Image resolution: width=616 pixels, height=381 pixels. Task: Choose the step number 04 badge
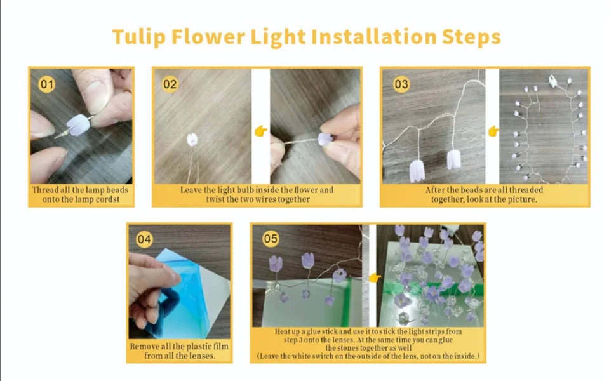click(145, 239)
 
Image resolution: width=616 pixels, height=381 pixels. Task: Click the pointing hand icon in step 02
click(260, 131)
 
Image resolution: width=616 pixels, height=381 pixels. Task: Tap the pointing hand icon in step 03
click(493, 131)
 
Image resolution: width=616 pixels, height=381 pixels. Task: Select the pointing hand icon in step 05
click(373, 277)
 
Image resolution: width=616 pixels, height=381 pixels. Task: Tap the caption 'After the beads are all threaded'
click(484, 190)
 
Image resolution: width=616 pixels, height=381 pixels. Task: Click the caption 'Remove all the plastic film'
click(179, 346)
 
